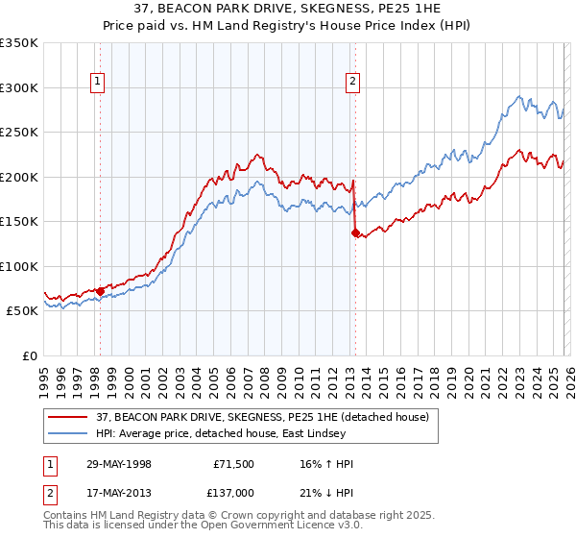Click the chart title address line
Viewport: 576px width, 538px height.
click(288, 8)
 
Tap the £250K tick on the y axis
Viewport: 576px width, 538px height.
click(19, 133)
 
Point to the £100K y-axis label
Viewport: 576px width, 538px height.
click(19, 266)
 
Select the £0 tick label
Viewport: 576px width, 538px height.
click(29, 355)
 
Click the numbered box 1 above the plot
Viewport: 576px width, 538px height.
click(99, 83)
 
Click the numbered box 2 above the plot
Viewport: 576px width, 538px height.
click(353, 83)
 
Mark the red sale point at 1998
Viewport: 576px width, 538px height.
click(100, 291)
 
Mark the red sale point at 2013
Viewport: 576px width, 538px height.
click(355, 232)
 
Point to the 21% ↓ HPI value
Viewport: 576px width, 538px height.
click(327, 494)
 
